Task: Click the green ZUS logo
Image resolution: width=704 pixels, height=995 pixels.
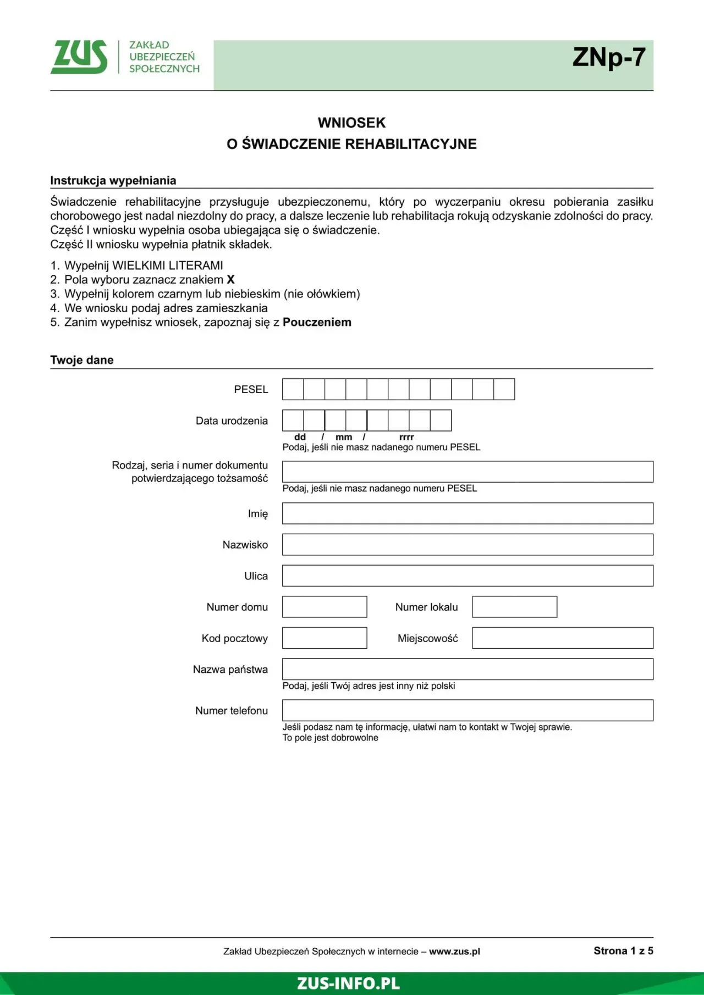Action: [x=79, y=57]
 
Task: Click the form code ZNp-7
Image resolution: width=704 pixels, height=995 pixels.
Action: [x=608, y=57]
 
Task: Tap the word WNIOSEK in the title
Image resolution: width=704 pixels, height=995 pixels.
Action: [x=351, y=123]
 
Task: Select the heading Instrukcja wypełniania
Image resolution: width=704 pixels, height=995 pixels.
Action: [x=113, y=180]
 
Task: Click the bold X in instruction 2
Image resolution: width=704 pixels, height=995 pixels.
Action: [x=231, y=279]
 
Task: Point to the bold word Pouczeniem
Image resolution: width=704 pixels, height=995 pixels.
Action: [x=317, y=322]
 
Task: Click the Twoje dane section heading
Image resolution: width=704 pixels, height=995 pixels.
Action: [x=82, y=360]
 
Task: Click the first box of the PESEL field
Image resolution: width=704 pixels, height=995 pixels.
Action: [x=293, y=389]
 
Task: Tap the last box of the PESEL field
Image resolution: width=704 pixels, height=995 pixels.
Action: [x=504, y=389]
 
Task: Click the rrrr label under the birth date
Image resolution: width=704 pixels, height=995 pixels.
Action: [x=406, y=437]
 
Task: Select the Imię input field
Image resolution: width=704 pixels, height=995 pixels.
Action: [x=468, y=513]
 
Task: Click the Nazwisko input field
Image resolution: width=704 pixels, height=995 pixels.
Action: [x=468, y=545]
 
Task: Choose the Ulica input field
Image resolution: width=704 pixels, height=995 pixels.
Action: [x=468, y=576]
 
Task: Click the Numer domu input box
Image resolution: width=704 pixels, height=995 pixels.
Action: [x=324, y=607]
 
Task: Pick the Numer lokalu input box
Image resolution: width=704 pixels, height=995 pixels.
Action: [x=514, y=607]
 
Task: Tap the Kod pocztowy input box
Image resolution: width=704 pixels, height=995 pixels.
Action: [x=324, y=638]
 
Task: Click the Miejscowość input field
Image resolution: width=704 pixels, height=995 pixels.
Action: [x=563, y=638]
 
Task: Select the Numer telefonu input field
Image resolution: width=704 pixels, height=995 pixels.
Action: [x=468, y=710]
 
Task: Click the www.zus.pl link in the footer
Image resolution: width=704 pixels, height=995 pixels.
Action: [x=454, y=952]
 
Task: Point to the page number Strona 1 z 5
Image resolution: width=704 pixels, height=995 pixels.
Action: [x=623, y=951]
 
